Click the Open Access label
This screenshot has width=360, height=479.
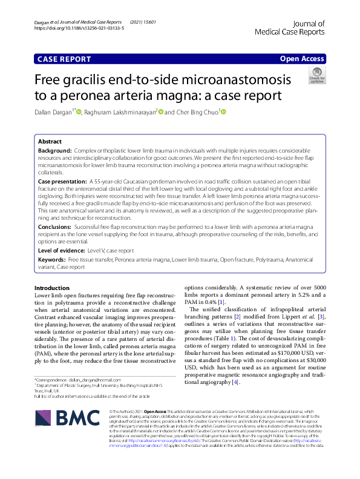click(x=302, y=58)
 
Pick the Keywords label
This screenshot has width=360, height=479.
click(x=51, y=259)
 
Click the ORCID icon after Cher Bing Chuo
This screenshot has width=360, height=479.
click(x=222, y=112)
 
